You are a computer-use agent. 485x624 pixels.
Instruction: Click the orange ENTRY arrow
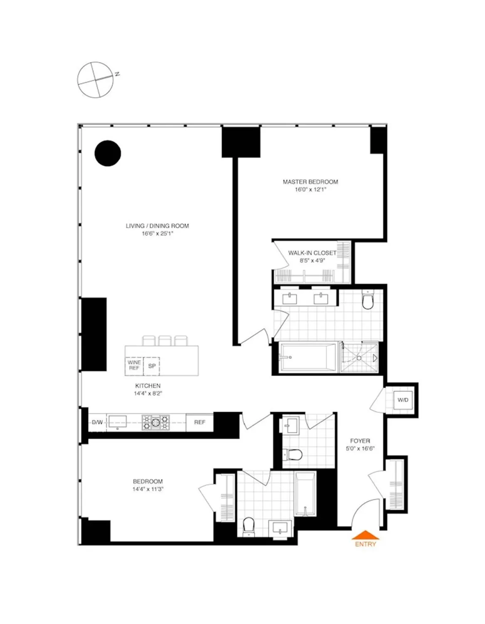pos(365,535)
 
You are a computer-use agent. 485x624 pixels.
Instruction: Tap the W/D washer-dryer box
pos(403,400)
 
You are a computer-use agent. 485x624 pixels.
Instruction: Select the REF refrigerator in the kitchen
pos(199,422)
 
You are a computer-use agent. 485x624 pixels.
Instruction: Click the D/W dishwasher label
pos(97,422)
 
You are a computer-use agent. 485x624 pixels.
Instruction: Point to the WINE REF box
pos(134,365)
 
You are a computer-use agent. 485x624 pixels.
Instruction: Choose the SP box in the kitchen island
pos(152,366)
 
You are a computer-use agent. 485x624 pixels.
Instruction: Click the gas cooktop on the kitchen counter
pos(156,423)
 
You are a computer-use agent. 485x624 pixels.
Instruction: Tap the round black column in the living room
pos(108,153)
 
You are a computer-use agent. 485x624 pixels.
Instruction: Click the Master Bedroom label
pos(310,182)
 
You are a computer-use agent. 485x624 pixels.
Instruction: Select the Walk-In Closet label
pos(312,253)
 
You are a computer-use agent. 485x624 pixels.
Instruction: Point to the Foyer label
pos(360,441)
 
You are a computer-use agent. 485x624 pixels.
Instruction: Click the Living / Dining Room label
pos(157,226)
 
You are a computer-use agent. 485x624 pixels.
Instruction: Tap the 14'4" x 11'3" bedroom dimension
pos(148,489)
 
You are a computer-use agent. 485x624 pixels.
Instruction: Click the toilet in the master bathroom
pos(368,300)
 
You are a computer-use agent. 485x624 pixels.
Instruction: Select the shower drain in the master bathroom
pos(359,358)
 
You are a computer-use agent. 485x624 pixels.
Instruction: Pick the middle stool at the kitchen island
pos(165,341)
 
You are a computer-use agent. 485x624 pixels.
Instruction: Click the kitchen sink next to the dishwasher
pos(118,422)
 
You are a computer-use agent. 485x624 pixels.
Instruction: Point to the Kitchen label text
pos(148,386)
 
